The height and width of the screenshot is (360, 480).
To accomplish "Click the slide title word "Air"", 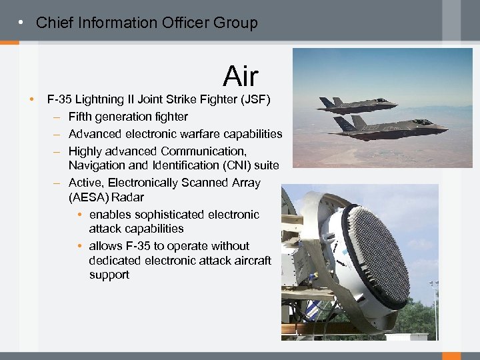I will [x=241, y=77].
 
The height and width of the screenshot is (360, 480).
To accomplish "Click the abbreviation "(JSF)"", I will [x=255, y=100].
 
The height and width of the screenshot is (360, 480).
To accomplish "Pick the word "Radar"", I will [x=128, y=197].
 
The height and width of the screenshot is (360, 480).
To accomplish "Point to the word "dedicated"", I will [x=115, y=260].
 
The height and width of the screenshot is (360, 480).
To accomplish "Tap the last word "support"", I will [x=109, y=275].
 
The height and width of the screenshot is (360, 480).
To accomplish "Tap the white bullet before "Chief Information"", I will [x=22, y=23].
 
